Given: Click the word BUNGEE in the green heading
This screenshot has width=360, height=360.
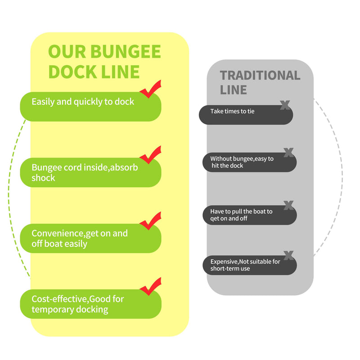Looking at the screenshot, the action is click(x=126, y=51).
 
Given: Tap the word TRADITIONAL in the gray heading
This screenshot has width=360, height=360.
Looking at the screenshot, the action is click(x=260, y=75).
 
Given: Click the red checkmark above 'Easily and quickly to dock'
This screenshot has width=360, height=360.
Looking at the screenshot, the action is click(x=151, y=89).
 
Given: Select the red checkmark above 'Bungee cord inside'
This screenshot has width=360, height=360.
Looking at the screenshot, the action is click(x=151, y=155).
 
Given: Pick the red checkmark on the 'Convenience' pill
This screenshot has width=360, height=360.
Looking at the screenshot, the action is click(x=151, y=220).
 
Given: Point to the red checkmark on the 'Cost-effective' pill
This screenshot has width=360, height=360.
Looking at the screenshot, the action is click(x=151, y=286).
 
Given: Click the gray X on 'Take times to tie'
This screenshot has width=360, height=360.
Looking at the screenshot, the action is click(x=285, y=105).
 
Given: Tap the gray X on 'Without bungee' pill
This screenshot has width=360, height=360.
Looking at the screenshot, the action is click(x=288, y=153).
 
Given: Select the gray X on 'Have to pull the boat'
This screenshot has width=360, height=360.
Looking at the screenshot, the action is click(x=288, y=205).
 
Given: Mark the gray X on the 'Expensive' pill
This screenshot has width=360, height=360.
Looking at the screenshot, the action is click(x=288, y=255).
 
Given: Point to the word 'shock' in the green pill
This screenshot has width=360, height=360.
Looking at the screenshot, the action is click(x=43, y=178).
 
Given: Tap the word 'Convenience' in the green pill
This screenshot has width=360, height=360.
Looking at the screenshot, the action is click(x=58, y=233).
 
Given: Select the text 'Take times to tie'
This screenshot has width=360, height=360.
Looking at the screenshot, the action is click(x=232, y=111).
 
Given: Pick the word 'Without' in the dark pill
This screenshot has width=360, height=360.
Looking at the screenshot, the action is click(x=218, y=159).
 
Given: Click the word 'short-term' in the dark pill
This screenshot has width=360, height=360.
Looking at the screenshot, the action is click(x=222, y=269).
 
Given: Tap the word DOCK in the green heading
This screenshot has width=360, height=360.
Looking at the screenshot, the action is click(x=72, y=72).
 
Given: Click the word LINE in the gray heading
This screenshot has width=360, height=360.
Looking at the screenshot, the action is click(x=233, y=90).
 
